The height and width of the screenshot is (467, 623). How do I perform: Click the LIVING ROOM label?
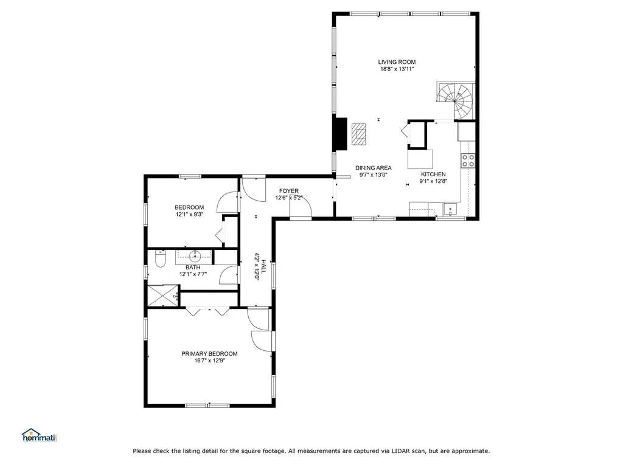click(397, 62)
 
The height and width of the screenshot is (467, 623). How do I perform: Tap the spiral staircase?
click(456, 100)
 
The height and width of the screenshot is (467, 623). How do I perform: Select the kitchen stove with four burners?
click(468, 161)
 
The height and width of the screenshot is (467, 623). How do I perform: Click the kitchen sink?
click(450, 209)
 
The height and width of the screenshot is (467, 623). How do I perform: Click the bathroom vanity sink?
click(195, 255)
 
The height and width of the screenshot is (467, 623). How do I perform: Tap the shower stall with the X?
click(163, 296)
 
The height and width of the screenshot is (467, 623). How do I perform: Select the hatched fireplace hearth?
click(359, 134)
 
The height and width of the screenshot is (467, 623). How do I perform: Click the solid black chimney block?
click(341, 134)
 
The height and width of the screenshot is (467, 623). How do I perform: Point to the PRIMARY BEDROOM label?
click(209, 354)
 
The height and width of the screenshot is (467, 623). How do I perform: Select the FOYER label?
click(289, 191)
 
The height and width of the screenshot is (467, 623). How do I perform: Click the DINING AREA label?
click(374, 168)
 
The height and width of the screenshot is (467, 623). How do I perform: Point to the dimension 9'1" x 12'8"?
click(433, 181)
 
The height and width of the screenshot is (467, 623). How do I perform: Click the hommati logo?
click(40, 435)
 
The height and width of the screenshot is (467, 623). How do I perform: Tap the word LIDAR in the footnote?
click(400, 451)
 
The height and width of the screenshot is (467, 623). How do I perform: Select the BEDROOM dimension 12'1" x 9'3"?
click(190, 215)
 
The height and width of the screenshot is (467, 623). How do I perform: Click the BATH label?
click(193, 268)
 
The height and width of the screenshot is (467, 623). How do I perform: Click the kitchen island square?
click(420, 159)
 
